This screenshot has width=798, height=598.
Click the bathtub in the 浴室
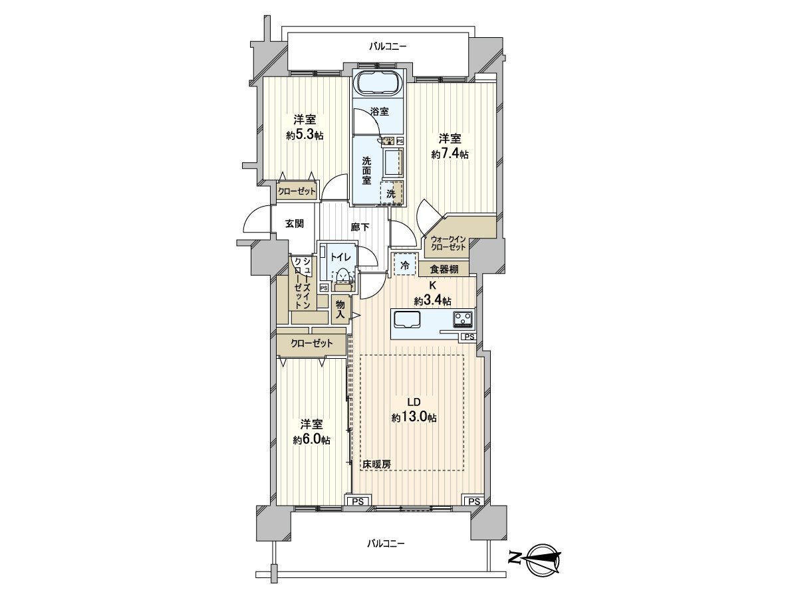(377, 85)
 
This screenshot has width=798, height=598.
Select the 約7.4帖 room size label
(450, 154)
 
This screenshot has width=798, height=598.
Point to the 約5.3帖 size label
(305, 135)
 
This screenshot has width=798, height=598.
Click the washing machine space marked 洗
(392, 193)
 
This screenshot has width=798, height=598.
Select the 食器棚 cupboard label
(444, 269)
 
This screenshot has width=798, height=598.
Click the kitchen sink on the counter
(407, 320)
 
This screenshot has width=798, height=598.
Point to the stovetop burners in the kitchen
(463, 320)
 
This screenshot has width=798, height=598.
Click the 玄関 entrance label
(295, 224)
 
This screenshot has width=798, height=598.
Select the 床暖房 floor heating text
(376, 464)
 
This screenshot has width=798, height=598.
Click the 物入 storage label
(340, 309)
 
